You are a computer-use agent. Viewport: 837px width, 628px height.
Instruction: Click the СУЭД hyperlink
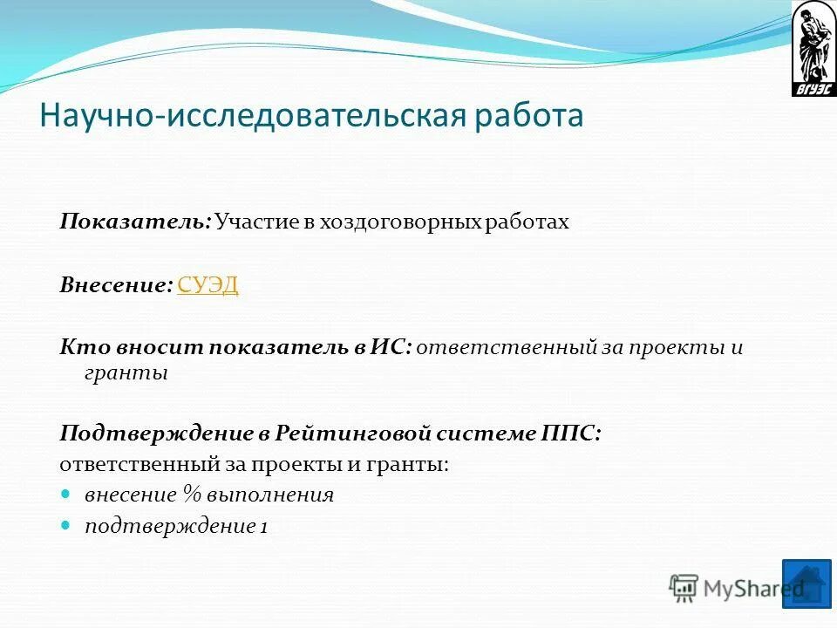[208, 285]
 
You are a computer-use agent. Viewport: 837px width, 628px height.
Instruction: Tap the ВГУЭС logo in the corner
[813, 49]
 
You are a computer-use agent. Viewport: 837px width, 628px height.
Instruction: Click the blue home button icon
[806, 583]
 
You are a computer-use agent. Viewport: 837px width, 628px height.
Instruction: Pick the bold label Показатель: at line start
[135, 222]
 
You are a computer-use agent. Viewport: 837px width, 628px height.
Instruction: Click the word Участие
[256, 222]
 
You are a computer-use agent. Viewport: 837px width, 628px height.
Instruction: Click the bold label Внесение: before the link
[116, 285]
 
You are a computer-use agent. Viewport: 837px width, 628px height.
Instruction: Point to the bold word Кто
[78, 347]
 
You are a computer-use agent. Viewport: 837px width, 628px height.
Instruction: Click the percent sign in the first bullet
[192, 495]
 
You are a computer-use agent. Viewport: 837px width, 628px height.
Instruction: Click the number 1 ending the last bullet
[263, 527]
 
